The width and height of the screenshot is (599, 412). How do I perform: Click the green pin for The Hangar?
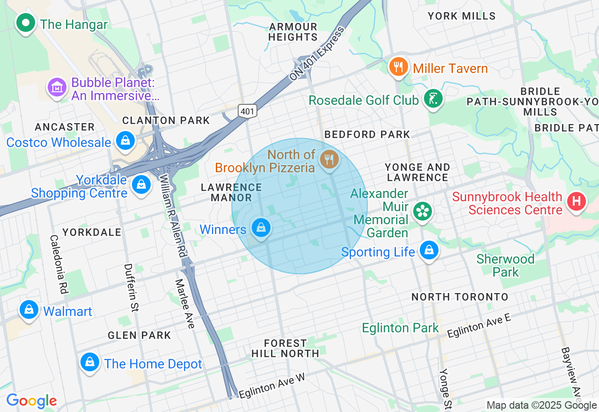25,22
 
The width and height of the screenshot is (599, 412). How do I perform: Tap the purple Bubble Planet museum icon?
57,87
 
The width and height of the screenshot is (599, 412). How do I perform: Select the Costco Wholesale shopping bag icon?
125,141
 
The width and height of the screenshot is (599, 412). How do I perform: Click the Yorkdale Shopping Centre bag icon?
141,184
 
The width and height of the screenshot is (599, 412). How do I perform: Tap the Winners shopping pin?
261,228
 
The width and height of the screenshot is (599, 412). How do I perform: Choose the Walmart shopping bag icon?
29,309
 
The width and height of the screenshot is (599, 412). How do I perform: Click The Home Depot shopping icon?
89,362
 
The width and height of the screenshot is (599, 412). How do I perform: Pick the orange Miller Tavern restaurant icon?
398,67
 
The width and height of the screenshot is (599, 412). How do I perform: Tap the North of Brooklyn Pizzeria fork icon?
329,160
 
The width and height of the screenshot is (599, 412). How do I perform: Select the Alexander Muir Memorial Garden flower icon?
423,211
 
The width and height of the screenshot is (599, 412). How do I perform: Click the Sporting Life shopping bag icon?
429,250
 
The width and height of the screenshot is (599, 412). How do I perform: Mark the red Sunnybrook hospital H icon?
577,202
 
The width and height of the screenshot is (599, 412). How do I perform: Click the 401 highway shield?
247,111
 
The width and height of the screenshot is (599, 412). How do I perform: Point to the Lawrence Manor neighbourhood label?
231,192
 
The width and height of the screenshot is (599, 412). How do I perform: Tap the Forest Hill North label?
285,348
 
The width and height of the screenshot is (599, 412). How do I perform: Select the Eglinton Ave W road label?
271,386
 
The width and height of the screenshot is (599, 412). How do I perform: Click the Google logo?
32,401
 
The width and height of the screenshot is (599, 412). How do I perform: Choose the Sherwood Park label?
505,265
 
